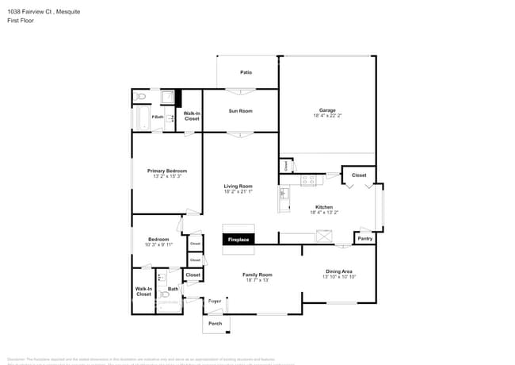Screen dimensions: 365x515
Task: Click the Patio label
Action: (x=246, y=73)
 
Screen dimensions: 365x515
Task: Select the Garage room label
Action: (x=327, y=110)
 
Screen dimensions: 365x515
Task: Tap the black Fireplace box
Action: (x=238, y=240)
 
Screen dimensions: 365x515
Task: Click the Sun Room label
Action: (x=240, y=111)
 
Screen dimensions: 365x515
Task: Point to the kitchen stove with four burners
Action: (x=308, y=180)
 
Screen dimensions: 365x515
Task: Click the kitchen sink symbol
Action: (x=283, y=194)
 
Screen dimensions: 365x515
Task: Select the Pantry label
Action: (x=364, y=238)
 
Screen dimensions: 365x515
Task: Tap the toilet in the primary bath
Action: (x=141, y=97)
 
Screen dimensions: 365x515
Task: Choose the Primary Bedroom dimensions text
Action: (x=166, y=176)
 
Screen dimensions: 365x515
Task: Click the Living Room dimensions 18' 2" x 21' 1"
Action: (x=238, y=191)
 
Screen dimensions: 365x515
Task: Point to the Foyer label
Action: (x=215, y=302)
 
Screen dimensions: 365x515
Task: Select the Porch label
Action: (x=215, y=324)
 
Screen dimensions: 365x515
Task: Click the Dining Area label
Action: (x=339, y=271)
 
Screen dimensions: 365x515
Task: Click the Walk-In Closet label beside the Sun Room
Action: (x=192, y=116)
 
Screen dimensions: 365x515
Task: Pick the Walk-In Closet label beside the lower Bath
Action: (x=143, y=291)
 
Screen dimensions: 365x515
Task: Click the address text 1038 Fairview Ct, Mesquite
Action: (x=40, y=12)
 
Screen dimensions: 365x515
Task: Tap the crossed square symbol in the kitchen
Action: (x=325, y=234)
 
